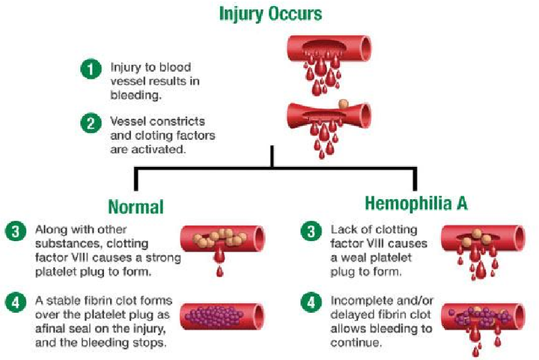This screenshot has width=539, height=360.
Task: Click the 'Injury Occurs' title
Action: [270, 14]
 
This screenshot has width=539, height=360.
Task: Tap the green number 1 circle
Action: [91, 69]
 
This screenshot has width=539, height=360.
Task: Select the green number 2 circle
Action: [91, 123]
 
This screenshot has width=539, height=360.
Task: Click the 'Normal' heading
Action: [135, 207]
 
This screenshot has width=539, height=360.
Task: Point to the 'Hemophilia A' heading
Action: [416, 203]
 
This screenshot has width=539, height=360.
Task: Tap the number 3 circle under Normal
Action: [16, 231]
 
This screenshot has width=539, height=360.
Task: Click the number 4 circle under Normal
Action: [16, 302]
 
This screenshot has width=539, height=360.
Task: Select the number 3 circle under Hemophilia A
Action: [311, 231]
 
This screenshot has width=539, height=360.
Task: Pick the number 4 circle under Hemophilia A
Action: [311, 302]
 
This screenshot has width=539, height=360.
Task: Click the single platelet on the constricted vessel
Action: [343, 103]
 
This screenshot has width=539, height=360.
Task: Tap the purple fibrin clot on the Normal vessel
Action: [214, 316]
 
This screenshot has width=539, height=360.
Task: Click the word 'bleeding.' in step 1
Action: [135, 95]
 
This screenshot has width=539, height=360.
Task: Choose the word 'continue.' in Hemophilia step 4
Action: [356, 343]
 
